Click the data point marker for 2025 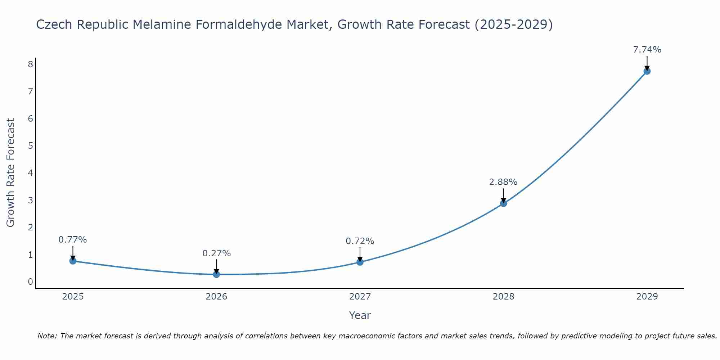pyautogui.click(x=73, y=261)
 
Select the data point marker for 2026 pyautogui.click(x=216, y=274)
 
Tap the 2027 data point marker pyautogui.click(x=360, y=262)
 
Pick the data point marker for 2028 pyautogui.click(x=503, y=203)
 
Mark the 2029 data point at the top pyautogui.click(x=647, y=71)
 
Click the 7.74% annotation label pyautogui.click(x=647, y=50)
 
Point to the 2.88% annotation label pyautogui.click(x=503, y=182)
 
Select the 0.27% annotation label pyautogui.click(x=216, y=253)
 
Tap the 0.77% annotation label pyautogui.click(x=73, y=240)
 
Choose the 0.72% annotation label pyautogui.click(x=360, y=241)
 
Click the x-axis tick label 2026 pyautogui.click(x=216, y=297)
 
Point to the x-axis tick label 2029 pyautogui.click(x=647, y=297)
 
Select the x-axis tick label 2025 pyautogui.click(x=73, y=297)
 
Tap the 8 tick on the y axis pyautogui.click(x=30, y=64)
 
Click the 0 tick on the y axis pyautogui.click(x=30, y=282)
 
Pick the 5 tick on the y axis pyautogui.click(x=30, y=146)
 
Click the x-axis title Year pyautogui.click(x=360, y=315)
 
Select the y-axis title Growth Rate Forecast pyautogui.click(x=11, y=173)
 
